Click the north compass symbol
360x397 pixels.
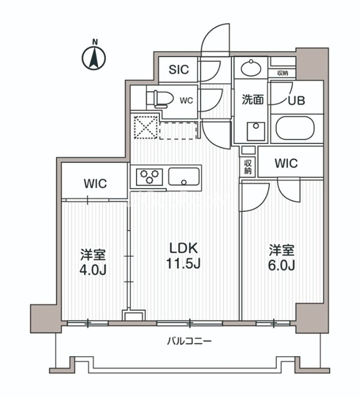(94, 58)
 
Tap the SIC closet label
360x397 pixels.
(179, 69)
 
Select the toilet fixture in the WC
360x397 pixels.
(156, 98)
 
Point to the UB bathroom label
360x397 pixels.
(295, 99)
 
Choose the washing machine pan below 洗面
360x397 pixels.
(255, 130)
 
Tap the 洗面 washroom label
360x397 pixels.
(253, 99)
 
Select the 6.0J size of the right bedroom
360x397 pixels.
(281, 265)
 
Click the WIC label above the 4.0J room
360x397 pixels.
(96, 184)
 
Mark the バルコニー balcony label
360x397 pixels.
(190, 341)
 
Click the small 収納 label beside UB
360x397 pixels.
(282, 73)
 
